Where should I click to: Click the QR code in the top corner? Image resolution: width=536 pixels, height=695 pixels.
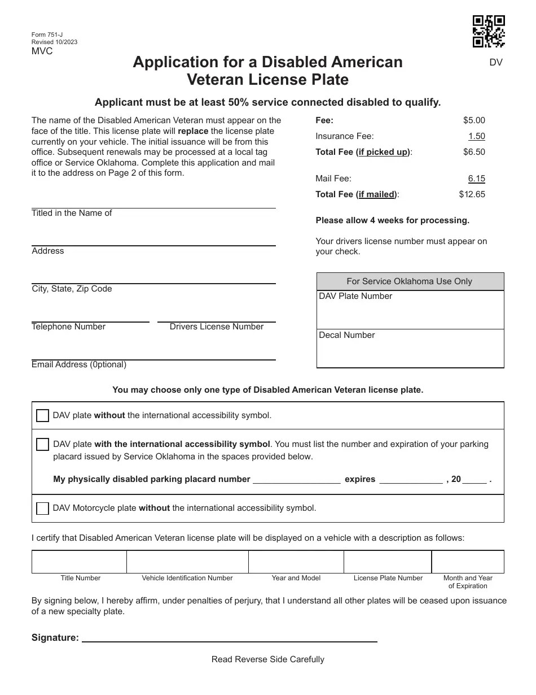(488, 31)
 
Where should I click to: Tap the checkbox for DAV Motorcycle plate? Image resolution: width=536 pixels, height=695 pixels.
(42, 508)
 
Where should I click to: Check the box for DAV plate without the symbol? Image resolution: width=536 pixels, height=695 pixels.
(42, 415)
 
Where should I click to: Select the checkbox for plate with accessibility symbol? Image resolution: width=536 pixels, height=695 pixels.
(42, 444)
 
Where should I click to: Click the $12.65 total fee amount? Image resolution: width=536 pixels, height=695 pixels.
(472, 194)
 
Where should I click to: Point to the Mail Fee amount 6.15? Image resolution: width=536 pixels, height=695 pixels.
(476, 179)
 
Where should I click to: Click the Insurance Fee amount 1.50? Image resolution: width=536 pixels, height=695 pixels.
(476, 136)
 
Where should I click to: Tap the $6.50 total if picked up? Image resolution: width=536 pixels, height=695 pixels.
(474, 152)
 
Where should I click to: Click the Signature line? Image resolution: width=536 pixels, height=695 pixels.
(230, 637)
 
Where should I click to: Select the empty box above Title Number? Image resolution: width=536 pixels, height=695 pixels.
(79, 562)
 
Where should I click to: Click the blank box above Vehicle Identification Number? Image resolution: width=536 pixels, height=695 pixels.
(187, 562)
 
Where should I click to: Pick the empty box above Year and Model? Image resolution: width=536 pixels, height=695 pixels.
(296, 562)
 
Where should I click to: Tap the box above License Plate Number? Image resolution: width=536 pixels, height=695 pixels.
(388, 562)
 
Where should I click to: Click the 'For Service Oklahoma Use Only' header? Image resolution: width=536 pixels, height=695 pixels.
(409, 281)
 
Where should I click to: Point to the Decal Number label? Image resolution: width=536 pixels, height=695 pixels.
(347, 335)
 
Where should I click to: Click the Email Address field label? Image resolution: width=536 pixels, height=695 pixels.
(79, 364)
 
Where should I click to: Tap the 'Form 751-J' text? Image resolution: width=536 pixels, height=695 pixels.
(47, 35)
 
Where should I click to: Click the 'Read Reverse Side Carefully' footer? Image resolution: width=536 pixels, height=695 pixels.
(268, 659)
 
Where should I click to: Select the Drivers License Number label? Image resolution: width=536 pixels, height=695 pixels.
(217, 327)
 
